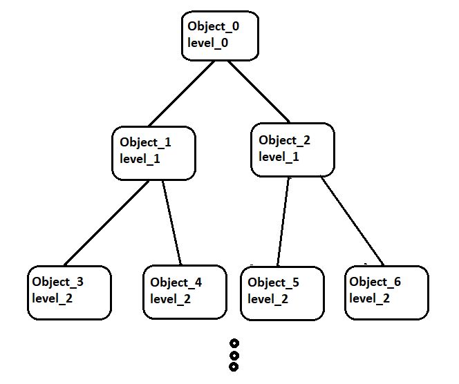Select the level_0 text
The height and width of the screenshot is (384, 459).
tap(207, 43)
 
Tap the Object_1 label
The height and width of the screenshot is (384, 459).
tap(145, 142)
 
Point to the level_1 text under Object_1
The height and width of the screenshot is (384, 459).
tap(140, 159)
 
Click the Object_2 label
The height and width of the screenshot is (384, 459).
tap(284, 140)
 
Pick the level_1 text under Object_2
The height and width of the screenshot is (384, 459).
tap(279, 157)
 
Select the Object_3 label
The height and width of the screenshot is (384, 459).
tap(57, 282)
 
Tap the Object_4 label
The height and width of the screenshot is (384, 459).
tap(176, 282)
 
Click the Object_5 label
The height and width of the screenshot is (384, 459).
tap(273, 282)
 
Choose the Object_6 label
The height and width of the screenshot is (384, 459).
tap(375, 282)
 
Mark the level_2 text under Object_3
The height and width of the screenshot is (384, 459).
tap(52, 298)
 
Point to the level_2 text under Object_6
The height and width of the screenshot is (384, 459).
tap(369, 298)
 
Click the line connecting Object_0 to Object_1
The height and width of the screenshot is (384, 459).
tap(181, 94)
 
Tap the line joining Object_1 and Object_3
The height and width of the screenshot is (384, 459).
tap(106, 223)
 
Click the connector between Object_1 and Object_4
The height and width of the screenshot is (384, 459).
tap(172, 222)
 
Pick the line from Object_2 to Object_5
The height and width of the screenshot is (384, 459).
tap(283, 221)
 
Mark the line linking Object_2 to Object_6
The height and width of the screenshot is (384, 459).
tap(352, 221)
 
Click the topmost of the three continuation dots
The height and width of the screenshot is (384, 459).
tap(234, 343)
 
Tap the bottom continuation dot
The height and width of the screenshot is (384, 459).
tap(234, 367)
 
